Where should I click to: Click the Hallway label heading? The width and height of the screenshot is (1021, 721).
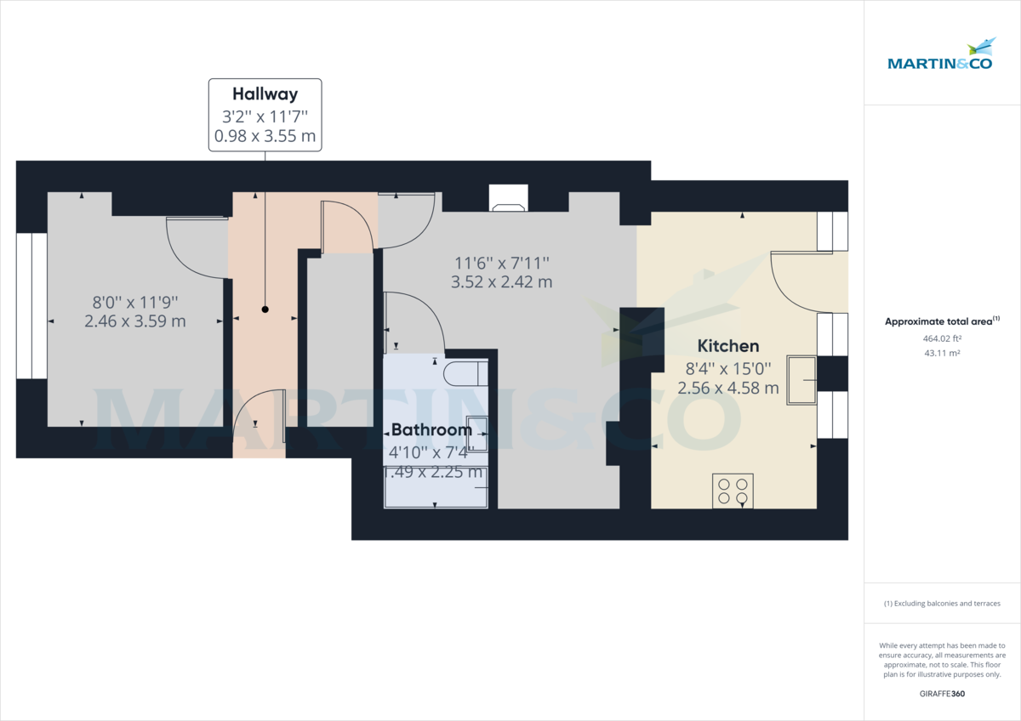(265, 94)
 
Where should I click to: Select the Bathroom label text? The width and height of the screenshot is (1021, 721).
(431, 430)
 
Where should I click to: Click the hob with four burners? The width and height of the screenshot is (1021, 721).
(733, 490)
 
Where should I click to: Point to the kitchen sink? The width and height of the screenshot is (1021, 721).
(801, 379)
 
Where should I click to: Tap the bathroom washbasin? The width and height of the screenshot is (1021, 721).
(477, 432)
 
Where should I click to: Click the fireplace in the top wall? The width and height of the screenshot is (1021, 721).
(509, 198)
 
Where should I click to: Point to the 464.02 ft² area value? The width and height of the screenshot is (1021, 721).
(942, 338)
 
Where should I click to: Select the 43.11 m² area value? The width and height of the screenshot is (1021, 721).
(942, 353)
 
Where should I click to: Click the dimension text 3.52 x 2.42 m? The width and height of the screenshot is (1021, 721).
(501, 281)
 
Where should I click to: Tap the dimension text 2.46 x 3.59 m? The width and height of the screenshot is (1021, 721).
(135, 321)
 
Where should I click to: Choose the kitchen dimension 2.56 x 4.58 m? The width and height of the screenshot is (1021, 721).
(728, 388)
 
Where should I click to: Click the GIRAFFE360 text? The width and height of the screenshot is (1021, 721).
(942, 693)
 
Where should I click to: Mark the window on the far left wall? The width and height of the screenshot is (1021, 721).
(31, 305)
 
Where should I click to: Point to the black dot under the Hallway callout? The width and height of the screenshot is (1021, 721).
(265, 309)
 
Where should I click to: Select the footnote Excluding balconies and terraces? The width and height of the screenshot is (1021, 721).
(942, 603)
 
